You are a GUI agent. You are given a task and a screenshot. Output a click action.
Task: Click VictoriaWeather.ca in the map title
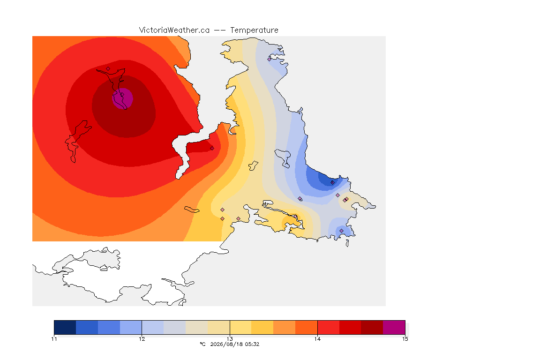pyautogui.click(x=174, y=30)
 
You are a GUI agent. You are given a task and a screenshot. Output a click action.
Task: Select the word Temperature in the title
pyautogui.click(x=254, y=30)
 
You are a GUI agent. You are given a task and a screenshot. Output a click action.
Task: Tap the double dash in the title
pyautogui.click(x=220, y=30)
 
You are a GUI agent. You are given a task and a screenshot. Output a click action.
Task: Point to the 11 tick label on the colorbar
pyautogui.click(x=54, y=339)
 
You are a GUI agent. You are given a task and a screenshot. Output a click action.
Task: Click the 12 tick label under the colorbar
pyautogui.click(x=142, y=339)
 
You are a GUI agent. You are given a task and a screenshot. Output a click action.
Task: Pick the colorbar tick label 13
pyautogui.click(x=230, y=339)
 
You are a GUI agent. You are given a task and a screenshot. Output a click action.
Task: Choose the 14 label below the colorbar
pyautogui.click(x=317, y=339)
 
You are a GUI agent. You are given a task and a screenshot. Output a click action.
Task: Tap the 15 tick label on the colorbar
pyautogui.click(x=405, y=339)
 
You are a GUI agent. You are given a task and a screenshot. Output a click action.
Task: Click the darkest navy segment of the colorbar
pyautogui.click(x=65, y=327)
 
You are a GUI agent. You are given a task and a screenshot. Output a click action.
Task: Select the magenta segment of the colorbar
pyautogui.click(x=394, y=327)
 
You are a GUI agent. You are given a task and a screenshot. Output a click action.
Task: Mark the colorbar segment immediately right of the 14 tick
pyautogui.click(x=329, y=327)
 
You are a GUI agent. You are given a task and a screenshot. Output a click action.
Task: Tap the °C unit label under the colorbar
pyautogui.click(x=202, y=344)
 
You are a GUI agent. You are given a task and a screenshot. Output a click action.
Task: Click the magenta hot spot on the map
pyautogui.click(x=123, y=98)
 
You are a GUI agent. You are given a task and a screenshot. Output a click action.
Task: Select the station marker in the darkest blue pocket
pyautogui.click(x=332, y=183)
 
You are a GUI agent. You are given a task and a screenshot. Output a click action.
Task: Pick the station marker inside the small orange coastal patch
pyautogui.click(x=295, y=217)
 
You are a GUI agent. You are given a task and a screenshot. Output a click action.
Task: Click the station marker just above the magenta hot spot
pyautogui.click(x=108, y=69)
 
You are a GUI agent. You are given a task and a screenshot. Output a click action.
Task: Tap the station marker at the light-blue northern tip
pyautogui.click(x=270, y=59)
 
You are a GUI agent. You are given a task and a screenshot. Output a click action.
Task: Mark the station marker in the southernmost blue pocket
pyautogui.click(x=341, y=231)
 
